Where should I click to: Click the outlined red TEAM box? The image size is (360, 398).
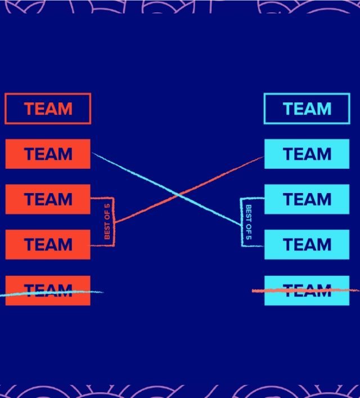click(48, 109)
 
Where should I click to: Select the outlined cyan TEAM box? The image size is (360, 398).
click(307, 109)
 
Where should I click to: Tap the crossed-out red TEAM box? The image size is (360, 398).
click(48, 290)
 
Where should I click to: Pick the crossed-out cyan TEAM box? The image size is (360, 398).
click(307, 290)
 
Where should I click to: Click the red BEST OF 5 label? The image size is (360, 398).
click(107, 221)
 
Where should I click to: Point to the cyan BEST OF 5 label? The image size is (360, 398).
click(249, 223)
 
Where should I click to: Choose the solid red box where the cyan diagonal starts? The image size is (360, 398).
click(48, 154)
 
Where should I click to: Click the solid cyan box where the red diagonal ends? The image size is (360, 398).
click(307, 154)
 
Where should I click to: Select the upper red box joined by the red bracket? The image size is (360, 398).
click(48, 199)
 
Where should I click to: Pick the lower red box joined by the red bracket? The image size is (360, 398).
click(48, 244)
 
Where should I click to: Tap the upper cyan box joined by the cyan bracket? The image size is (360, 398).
click(307, 199)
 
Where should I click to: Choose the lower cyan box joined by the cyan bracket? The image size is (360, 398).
click(307, 244)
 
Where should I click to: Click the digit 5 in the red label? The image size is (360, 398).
click(107, 207)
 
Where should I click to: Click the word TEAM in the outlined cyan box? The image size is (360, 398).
click(307, 109)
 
